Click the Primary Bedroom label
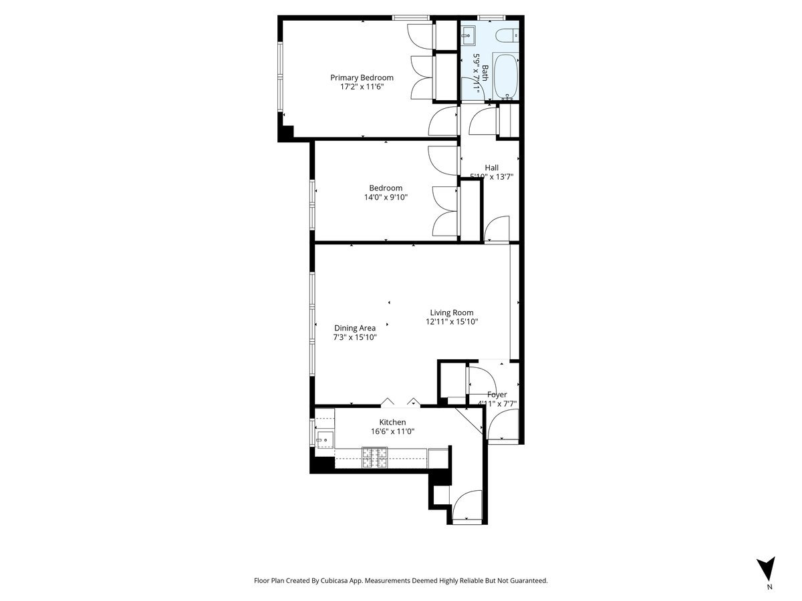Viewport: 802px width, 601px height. point(362,77)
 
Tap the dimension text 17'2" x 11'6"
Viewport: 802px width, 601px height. point(362,87)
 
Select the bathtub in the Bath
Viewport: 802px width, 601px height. point(507,77)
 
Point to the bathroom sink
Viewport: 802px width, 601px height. point(468,32)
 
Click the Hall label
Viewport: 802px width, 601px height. point(491,168)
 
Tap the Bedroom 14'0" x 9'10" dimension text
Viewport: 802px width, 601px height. point(386,197)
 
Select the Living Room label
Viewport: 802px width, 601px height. point(452,313)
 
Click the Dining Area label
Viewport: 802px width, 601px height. point(355,328)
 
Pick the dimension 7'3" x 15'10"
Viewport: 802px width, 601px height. point(355,337)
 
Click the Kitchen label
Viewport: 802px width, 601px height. point(392,422)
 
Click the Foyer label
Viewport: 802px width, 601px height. point(497,395)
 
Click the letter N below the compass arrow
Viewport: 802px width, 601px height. point(769,588)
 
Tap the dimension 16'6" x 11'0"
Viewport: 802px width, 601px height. point(392,431)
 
